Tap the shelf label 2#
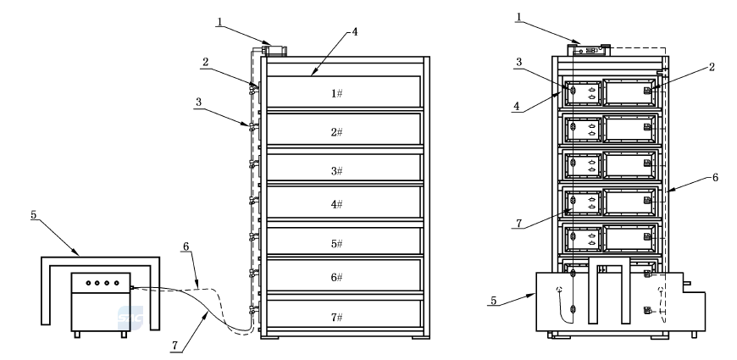(337, 131)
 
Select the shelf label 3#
(337, 170)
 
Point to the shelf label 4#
(337, 205)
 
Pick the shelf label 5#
(337, 244)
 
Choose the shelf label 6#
(337, 278)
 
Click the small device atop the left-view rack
(274, 50)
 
